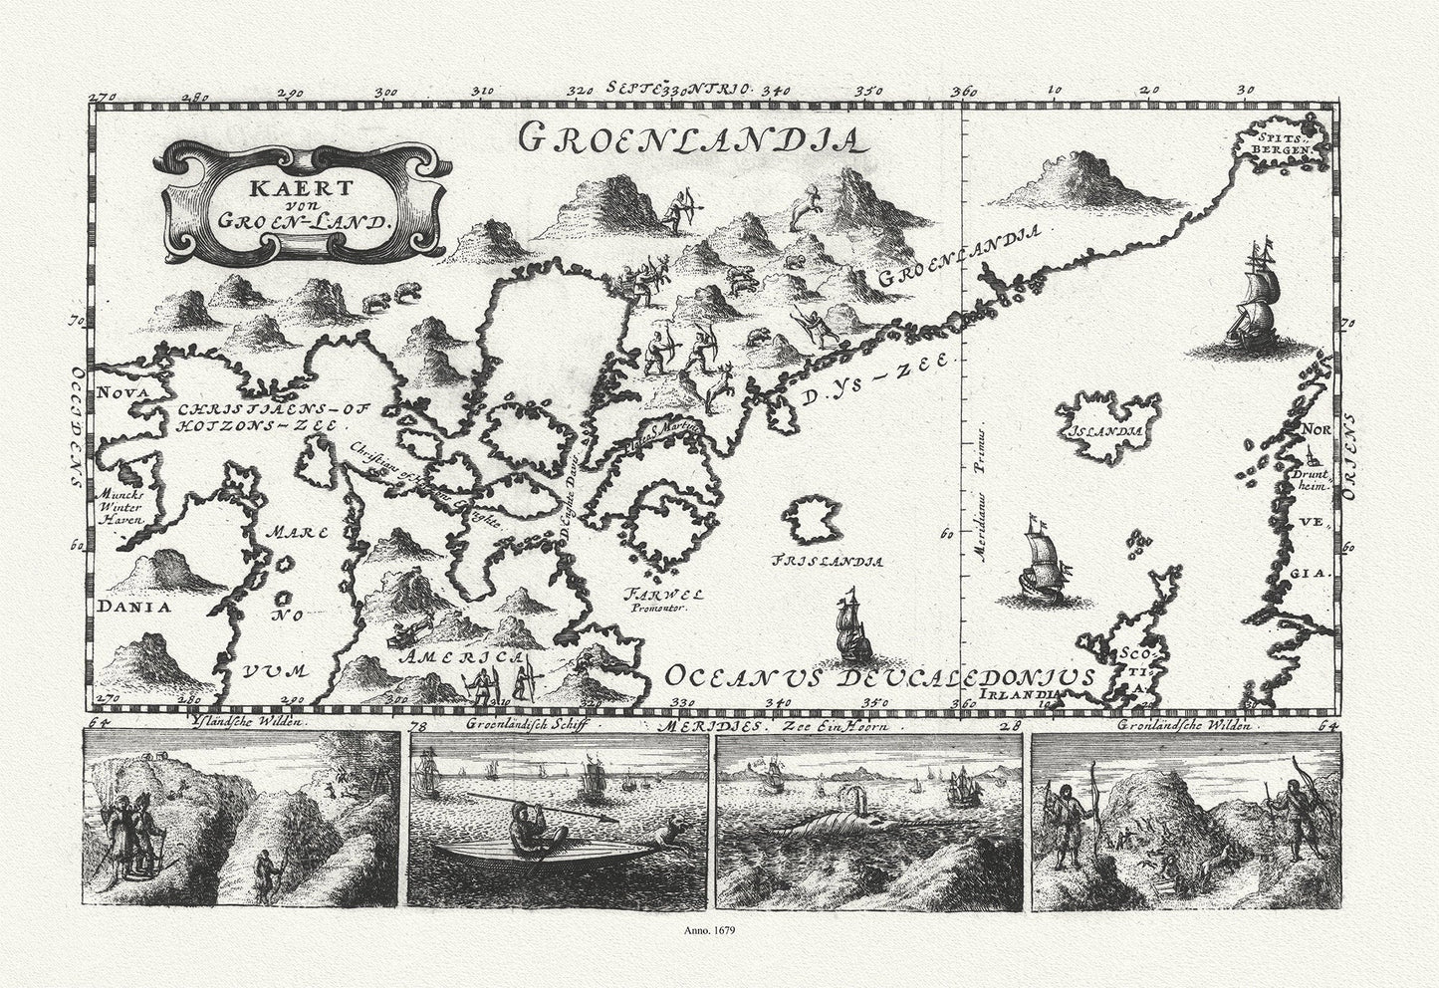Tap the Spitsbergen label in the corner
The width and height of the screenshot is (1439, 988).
(x=1277, y=143)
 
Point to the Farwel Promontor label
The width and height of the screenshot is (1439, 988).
(x=664, y=600)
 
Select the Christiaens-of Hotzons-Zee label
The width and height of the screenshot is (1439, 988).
(x=261, y=415)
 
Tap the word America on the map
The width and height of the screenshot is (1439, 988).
(x=461, y=658)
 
